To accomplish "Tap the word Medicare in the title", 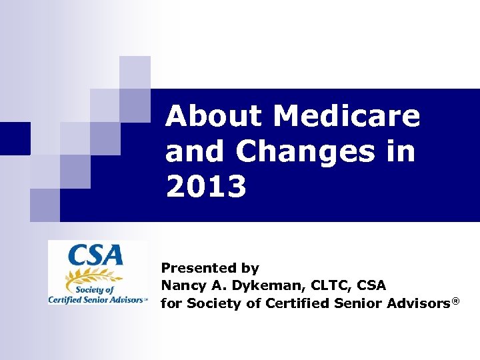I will pos(347,117).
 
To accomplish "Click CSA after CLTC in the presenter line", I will pos(372,286).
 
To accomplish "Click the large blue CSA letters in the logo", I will pos(98,256).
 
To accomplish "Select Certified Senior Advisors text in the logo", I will pos(95,300).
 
